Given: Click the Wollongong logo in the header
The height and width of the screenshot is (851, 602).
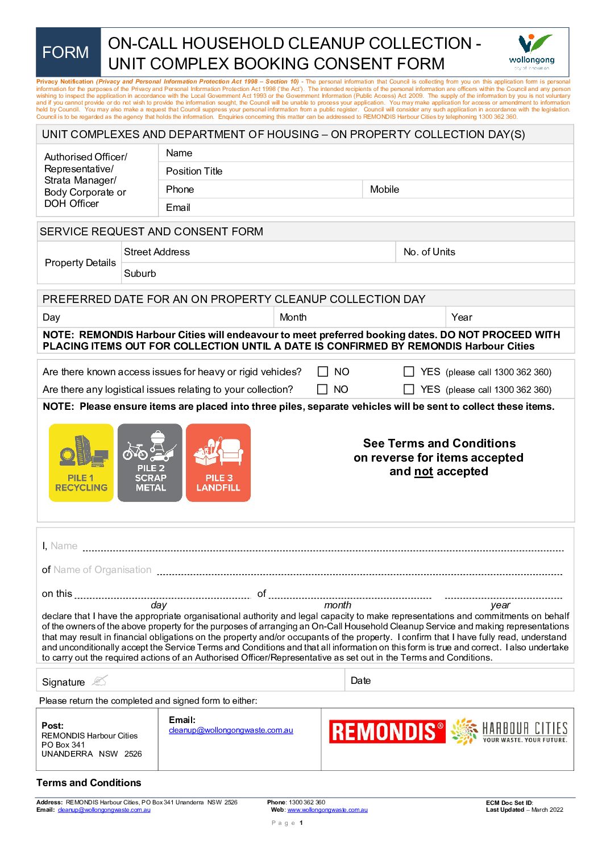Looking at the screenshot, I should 532,51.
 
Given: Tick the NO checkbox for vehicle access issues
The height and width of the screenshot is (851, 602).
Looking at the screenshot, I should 323,371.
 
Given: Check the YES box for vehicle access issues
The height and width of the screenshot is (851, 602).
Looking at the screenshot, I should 409,371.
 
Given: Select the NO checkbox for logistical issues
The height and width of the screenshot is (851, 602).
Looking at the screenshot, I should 322,389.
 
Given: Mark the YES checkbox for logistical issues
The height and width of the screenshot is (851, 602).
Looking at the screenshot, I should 409,389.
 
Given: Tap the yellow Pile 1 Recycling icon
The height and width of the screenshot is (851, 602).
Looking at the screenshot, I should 81,463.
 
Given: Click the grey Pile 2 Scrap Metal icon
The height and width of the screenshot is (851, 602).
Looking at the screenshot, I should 150,463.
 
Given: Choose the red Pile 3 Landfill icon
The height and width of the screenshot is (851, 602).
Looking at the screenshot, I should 218,463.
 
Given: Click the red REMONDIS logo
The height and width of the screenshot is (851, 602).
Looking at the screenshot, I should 387,732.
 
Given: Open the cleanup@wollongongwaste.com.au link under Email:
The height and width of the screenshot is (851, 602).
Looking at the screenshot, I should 231,730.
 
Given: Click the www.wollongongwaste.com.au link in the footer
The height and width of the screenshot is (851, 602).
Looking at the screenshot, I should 327,810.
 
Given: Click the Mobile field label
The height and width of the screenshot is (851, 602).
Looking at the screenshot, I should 384,189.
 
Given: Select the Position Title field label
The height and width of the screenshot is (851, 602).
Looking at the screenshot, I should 194,171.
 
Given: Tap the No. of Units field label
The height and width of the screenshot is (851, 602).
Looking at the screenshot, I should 429,252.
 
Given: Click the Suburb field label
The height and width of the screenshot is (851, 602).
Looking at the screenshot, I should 140,273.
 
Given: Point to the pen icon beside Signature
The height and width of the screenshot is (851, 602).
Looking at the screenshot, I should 99,680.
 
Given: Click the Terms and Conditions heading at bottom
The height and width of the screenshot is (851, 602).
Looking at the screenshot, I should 89,783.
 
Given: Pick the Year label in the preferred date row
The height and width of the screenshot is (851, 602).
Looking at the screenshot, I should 462,317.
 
